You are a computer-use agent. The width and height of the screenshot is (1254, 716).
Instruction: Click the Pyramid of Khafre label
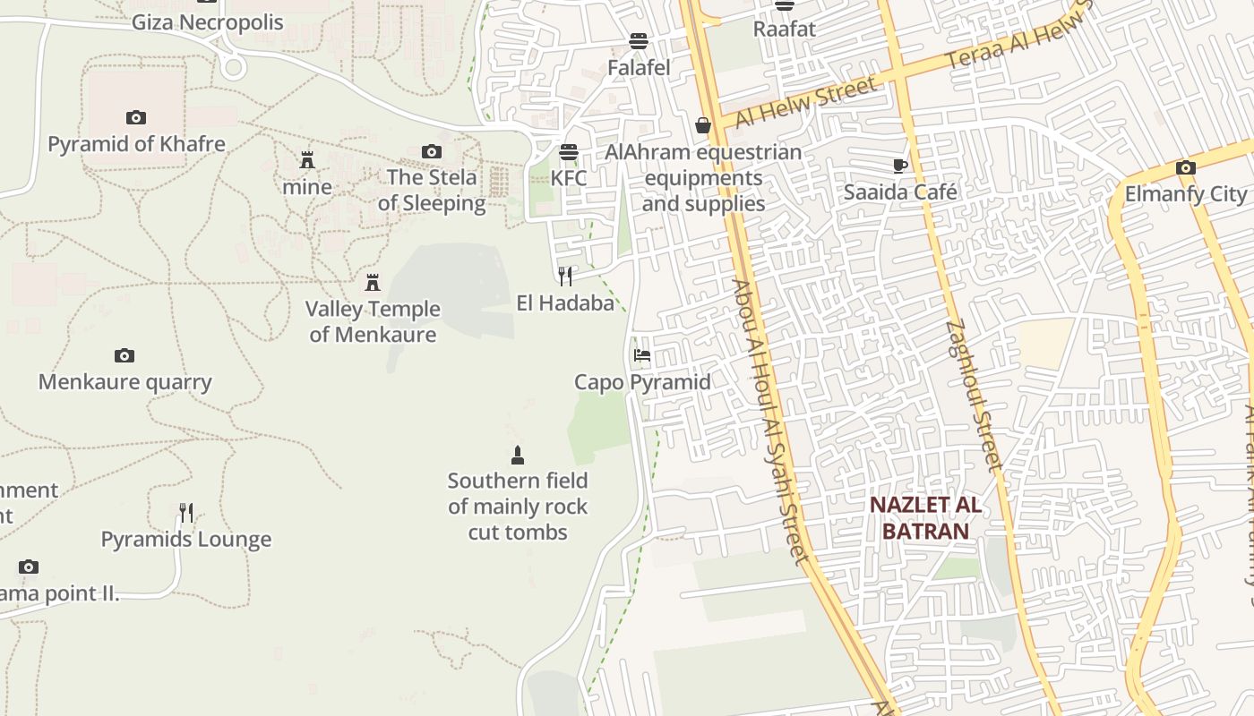tap(136, 143)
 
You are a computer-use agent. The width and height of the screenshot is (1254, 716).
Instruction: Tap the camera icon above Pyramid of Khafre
tap(136, 117)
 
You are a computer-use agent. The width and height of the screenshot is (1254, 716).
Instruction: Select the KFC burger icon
tap(569, 151)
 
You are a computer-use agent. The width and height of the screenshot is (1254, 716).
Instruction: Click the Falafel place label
tap(639, 67)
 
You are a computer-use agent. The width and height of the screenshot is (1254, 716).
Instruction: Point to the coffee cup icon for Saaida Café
tap(900, 166)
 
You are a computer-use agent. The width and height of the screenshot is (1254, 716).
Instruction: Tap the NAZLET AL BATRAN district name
tap(925, 517)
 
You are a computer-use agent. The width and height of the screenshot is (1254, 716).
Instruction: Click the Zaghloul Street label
tap(973, 394)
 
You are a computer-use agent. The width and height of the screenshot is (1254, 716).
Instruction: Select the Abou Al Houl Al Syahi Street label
tap(769, 421)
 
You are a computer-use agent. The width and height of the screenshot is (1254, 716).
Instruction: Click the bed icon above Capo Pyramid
tap(641, 355)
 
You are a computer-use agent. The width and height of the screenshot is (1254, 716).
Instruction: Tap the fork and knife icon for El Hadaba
tap(565, 276)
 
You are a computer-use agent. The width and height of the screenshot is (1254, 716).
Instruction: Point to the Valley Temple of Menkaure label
tap(373, 321)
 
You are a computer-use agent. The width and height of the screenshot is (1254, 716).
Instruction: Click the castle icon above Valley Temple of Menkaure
tap(373, 284)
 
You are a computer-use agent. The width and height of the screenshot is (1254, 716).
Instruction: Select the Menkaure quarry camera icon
tap(125, 356)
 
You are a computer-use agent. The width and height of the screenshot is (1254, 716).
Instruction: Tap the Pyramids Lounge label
tap(185, 540)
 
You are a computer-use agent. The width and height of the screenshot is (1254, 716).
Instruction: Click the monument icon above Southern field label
tap(517, 456)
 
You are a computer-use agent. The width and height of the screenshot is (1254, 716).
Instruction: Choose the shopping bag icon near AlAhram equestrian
tap(703, 125)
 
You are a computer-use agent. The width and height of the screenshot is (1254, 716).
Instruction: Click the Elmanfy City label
tap(1186, 193)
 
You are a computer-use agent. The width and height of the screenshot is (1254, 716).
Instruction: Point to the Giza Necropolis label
tap(207, 22)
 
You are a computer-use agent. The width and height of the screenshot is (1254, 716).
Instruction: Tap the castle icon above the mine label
tap(307, 161)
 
